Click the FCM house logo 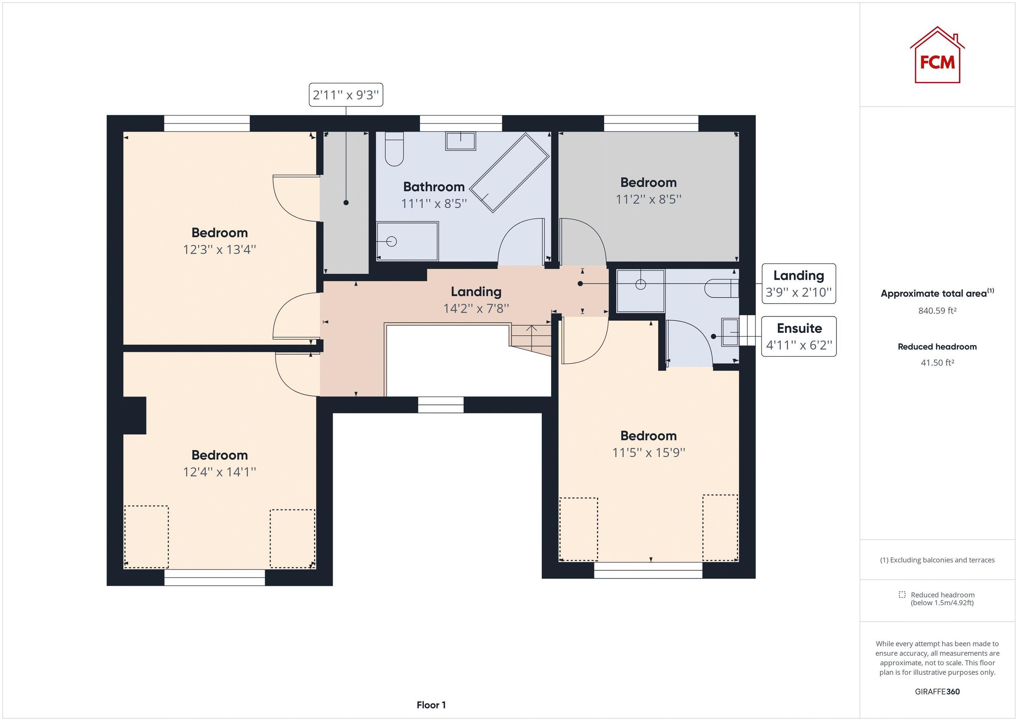(x=937, y=56)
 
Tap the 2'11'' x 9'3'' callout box (x=346, y=95)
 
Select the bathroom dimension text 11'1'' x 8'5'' (x=433, y=204)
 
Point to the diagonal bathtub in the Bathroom (x=509, y=173)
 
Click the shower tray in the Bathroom (x=407, y=241)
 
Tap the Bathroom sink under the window (x=460, y=141)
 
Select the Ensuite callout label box (x=799, y=336)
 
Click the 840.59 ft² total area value (x=937, y=311)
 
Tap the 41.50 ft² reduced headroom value (x=937, y=363)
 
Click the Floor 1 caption (x=431, y=705)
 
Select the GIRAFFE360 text (x=937, y=691)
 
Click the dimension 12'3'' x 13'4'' (x=219, y=250)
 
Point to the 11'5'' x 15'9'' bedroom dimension (x=648, y=452)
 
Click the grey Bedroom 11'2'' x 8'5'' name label (x=648, y=183)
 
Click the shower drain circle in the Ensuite (x=640, y=284)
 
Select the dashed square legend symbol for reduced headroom (x=902, y=595)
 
